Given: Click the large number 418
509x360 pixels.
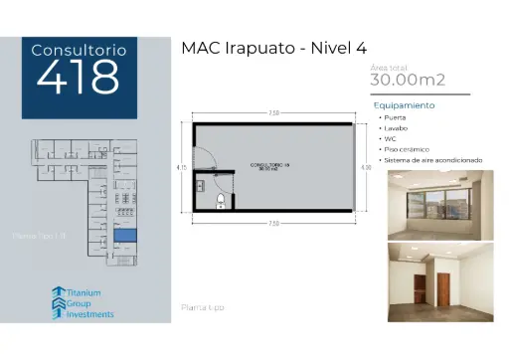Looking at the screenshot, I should (x=78, y=77).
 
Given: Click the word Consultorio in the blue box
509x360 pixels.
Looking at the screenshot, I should (x=78, y=49).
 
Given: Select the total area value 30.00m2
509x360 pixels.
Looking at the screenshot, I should (x=408, y=80).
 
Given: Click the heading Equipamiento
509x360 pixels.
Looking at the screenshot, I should (x=404, y=104).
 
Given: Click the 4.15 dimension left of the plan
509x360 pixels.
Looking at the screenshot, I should (x=182, y=168).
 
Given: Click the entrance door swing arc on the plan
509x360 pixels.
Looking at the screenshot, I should (x=202, y=160).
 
